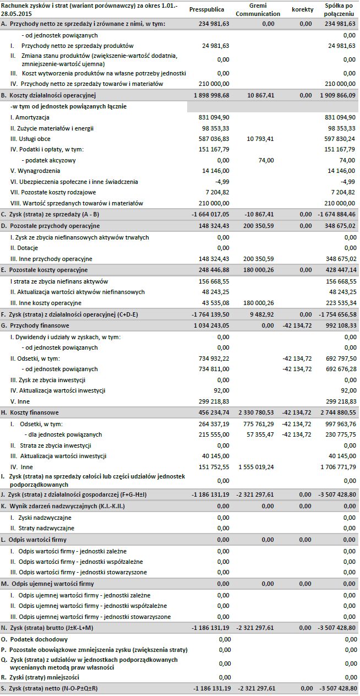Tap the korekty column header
302,10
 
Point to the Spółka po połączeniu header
339,10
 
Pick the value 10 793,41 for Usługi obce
259,139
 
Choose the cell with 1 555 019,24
257,467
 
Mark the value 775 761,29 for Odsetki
259,423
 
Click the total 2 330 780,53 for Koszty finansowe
257,412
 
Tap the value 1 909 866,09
337,95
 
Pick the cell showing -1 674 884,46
337,214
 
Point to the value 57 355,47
260,434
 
